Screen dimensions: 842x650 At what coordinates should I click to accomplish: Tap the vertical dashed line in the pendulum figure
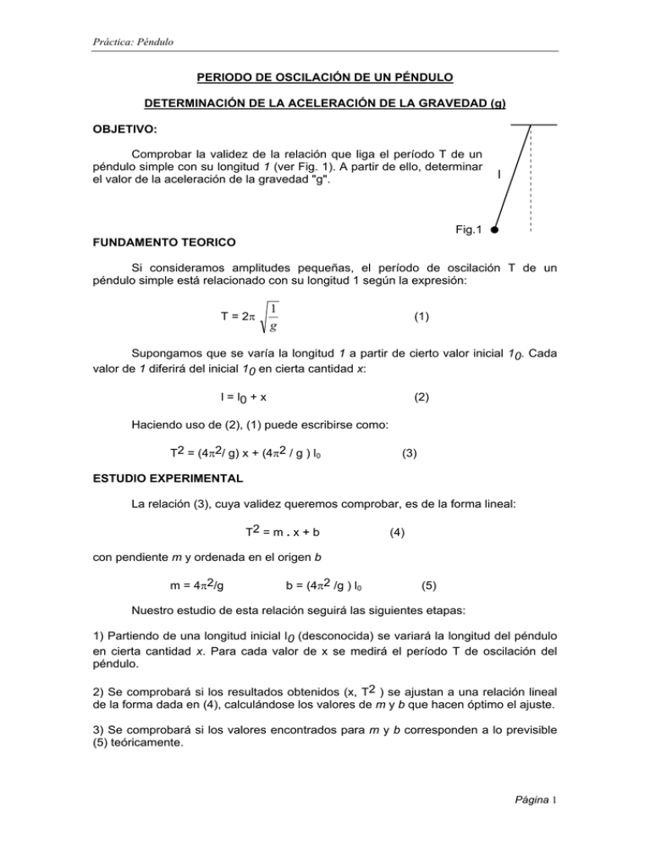(530, 178)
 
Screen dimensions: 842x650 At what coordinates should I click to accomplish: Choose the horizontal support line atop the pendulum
(533, 125)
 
